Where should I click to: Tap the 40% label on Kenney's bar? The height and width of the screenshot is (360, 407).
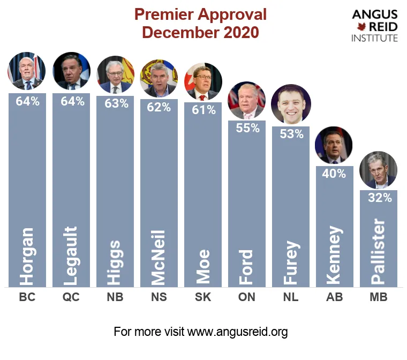[335, 174]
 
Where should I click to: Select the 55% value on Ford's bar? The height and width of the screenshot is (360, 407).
[247, 128]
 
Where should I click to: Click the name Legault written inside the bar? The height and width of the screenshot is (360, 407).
[71, 256]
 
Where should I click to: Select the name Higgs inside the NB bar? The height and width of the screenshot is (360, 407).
[115, 262]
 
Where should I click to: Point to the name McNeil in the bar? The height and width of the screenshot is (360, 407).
[159, 257]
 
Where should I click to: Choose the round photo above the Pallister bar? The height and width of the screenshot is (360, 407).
[378, 170]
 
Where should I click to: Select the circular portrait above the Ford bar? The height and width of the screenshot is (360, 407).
[247, 100]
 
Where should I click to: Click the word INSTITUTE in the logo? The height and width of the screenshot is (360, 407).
[374, 38]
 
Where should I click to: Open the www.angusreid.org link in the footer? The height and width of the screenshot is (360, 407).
[237, 332]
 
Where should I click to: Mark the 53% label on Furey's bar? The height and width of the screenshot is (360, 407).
[291, 134]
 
